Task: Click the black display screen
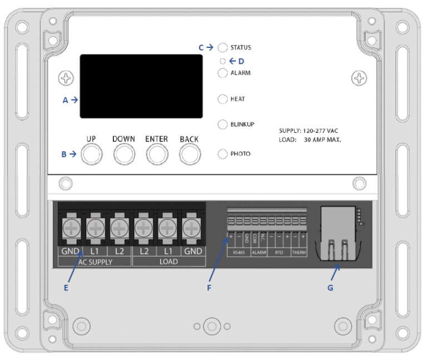(x=141, y=86)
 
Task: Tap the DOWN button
(x=125, y=155)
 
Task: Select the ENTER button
(x=157, y=155)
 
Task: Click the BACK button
(x=190, y=155)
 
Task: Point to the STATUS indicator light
(x=223, y=48)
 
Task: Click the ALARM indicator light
(x=222, y=73)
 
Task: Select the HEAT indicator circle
(x=222, y=99)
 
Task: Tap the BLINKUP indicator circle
(x=222, y=124)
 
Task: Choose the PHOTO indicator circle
(x=222, y=154)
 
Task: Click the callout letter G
(x=330, y=288)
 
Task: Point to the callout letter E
(x=66, y=288)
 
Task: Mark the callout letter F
(x=210, y=288)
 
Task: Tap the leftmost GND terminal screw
(x=71, y=226)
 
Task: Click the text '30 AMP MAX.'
(x=322, y=140)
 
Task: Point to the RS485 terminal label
(x=237, y=252)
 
